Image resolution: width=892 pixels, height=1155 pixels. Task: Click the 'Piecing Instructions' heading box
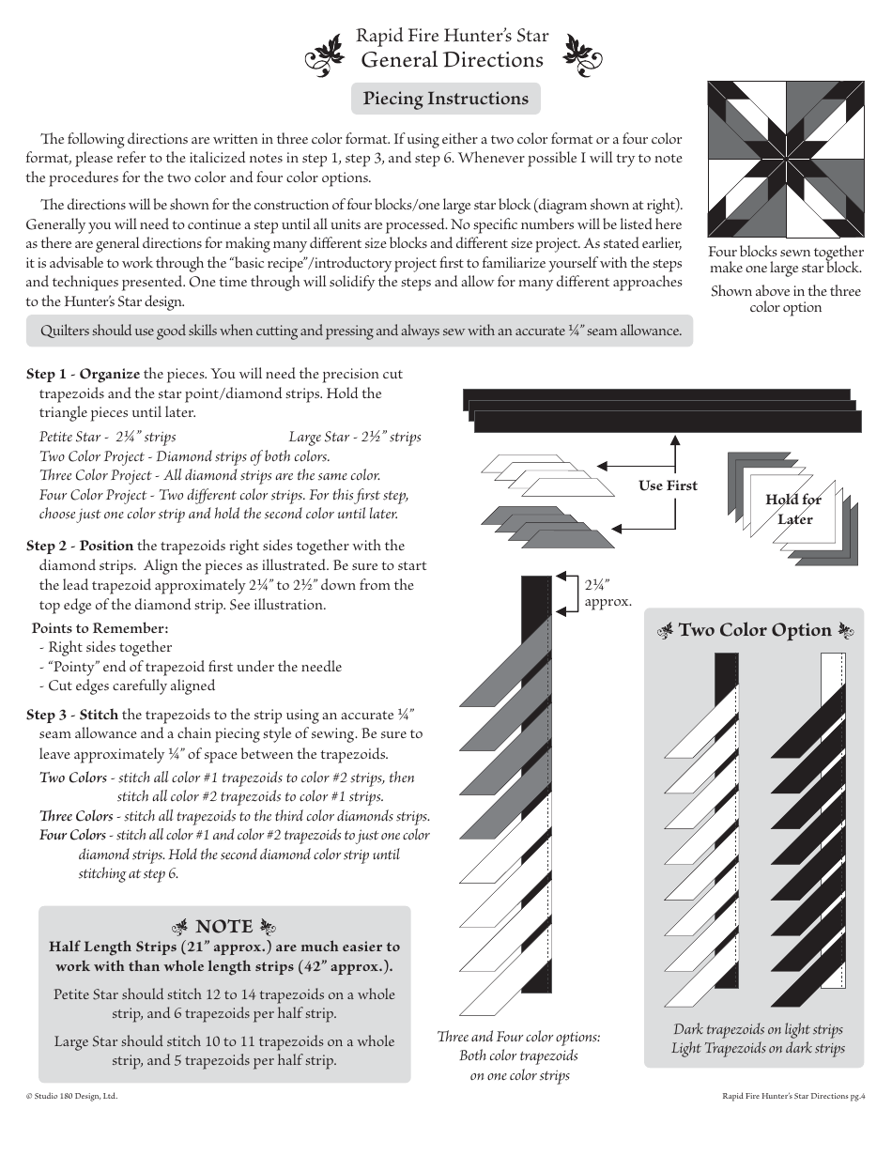pos(446,99)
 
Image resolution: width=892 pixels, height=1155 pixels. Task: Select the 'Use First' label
pos(668,485)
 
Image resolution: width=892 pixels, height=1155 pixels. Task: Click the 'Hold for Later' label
pos(793,509)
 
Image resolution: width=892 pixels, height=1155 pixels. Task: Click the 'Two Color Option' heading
pos(755,630)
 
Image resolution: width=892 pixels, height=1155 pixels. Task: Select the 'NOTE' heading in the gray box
pos(223,927)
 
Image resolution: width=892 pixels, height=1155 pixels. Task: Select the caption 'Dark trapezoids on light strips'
pos(758,1029)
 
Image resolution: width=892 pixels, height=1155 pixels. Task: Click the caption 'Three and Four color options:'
pos(518,1037)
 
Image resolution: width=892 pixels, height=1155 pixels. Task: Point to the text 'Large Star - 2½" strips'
pos(355,437)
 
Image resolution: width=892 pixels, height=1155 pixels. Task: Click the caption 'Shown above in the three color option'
pos(786,300)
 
